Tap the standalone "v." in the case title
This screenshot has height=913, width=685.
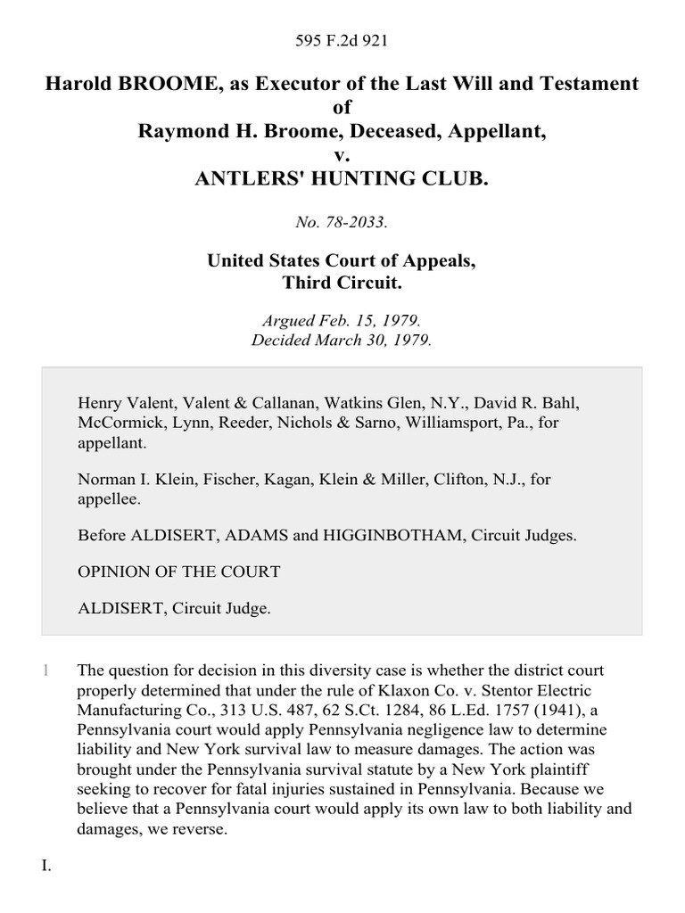point(342,154)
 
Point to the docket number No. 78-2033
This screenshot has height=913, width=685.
point(342,223)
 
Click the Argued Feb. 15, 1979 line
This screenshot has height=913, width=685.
point(342,321)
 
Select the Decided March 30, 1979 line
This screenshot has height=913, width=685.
point(342,340)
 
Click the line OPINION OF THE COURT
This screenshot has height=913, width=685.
point(179,572)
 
